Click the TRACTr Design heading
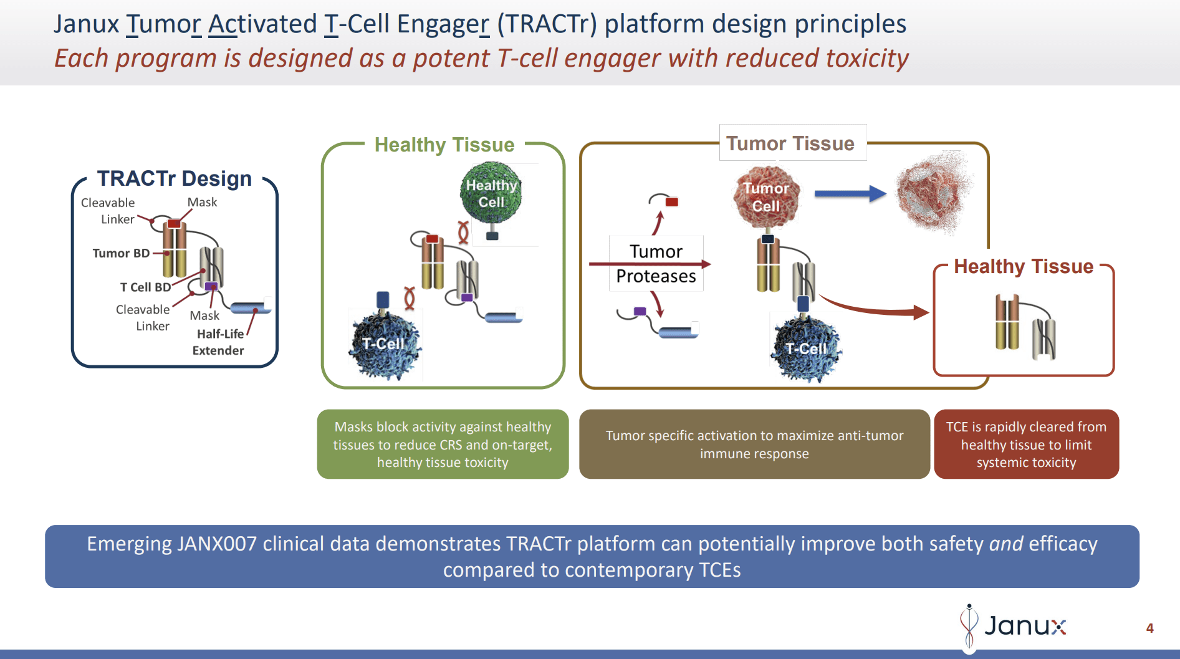(175, 178)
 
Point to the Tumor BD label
(121, 253)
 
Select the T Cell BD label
(145, 287)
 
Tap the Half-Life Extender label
(219, 342)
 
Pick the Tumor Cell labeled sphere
(766, 196)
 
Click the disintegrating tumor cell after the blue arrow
(932, 192)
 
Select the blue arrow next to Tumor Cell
(850, 194)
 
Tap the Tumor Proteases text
(656, 264)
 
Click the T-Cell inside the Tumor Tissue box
(806, 349)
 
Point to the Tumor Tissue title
(790, 143)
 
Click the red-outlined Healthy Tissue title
(1024, 266)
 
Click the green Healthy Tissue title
(444, 145)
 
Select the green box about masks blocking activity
(443, 445)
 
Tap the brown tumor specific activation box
(754, 445)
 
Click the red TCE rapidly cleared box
(1026, 445)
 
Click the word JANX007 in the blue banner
(216, 544)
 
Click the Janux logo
(1013, 625)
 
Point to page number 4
(1149, 628)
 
